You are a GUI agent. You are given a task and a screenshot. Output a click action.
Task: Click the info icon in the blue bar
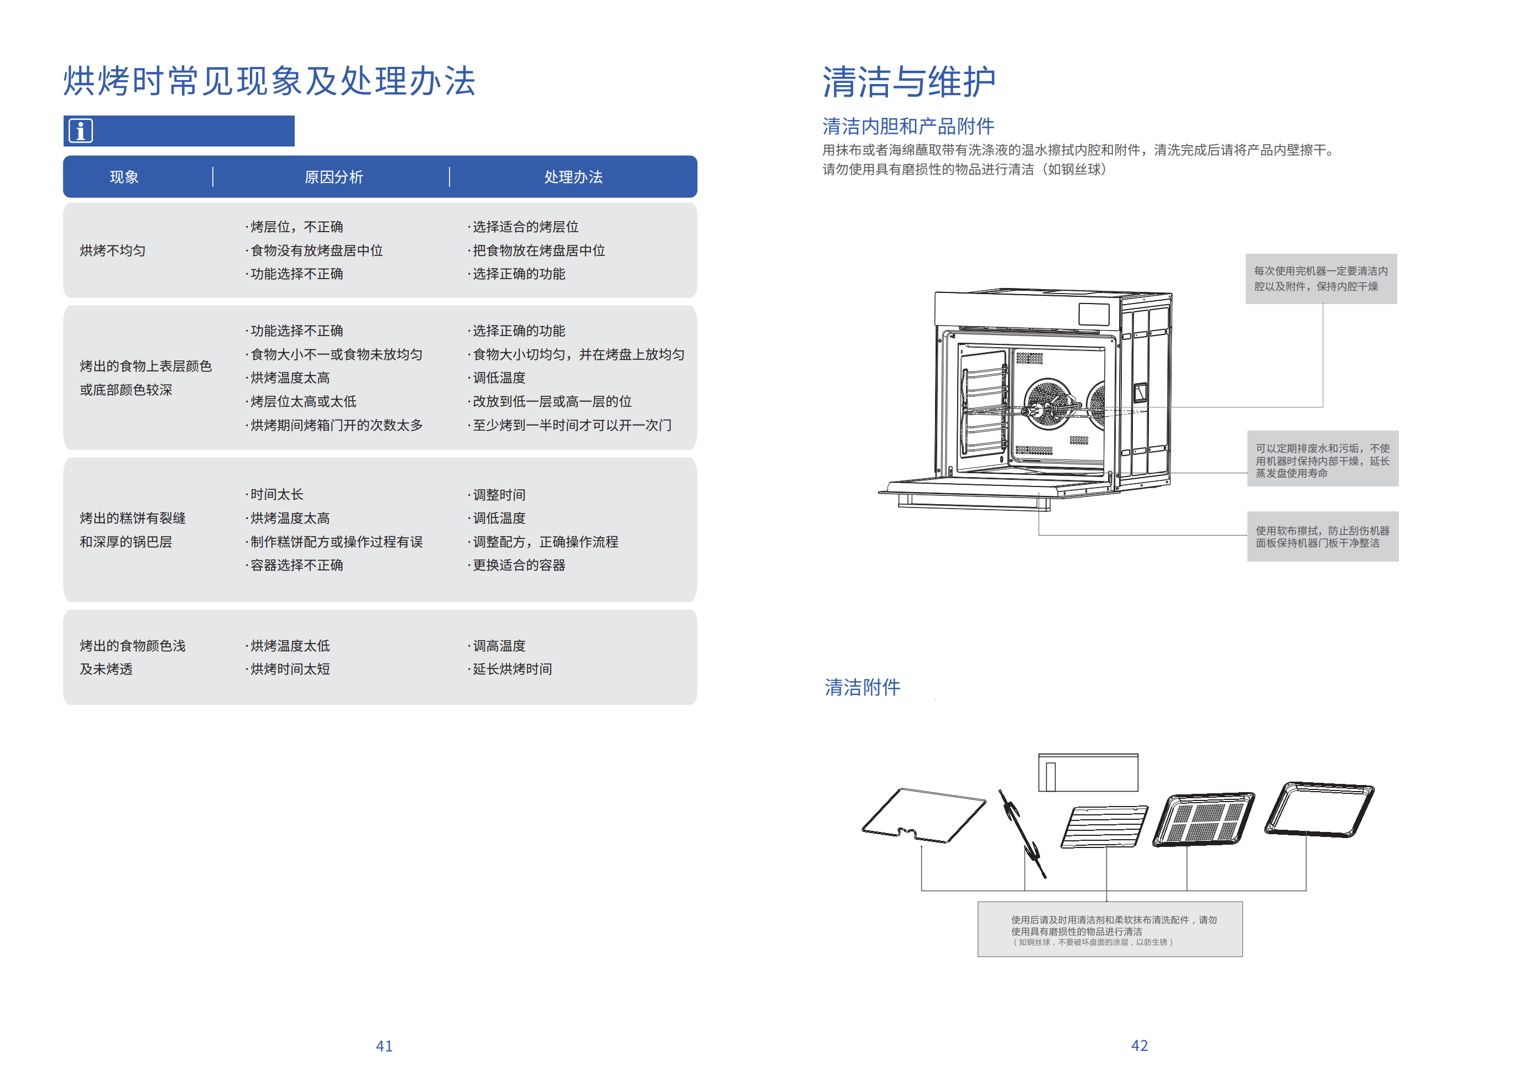click(x=81, y=130)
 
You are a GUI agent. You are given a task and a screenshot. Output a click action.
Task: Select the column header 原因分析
click(x=333, y=177)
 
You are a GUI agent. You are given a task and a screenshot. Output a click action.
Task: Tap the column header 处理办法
click(x=573, y=177)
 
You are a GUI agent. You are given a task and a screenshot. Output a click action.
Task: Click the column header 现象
click(x=124, y=177)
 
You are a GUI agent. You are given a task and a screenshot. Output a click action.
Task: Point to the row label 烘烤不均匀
click(x=113, y=250)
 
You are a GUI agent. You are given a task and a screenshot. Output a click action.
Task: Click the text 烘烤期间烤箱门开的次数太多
click(x=336, y=425)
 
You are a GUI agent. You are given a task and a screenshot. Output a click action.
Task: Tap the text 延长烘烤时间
click(x=512, y=668)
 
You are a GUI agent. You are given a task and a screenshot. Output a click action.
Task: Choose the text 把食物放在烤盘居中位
click(x=538, y=250)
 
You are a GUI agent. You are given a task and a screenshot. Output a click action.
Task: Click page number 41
click(x=384, y=1045)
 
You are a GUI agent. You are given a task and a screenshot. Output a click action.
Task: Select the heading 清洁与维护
click(x=908, y=82)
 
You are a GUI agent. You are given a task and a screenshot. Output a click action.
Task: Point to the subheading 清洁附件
click(x=862, y=687)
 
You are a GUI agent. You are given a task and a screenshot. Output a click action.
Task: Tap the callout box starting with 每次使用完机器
click(x=1321, y=279)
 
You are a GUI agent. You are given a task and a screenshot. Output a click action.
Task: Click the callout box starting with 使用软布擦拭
click(x=1322, y=536)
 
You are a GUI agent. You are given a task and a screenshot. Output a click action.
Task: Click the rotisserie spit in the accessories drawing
click(x=1021, y=833)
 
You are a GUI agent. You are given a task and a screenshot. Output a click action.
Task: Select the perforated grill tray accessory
click(x=1203, y=819)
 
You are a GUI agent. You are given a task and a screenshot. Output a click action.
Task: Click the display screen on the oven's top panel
click(x=1094, y=314)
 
